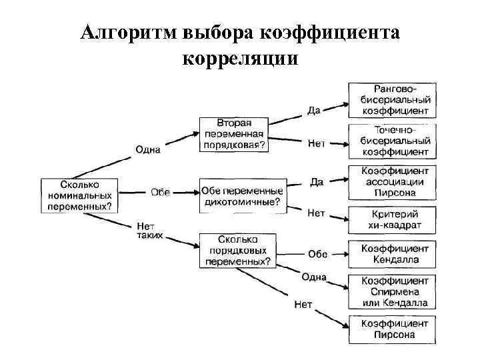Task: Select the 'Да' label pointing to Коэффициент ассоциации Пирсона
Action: pos(317,181)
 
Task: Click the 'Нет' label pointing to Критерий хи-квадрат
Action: pos(316,213)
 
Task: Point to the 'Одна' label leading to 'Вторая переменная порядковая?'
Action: pos(148,149)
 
